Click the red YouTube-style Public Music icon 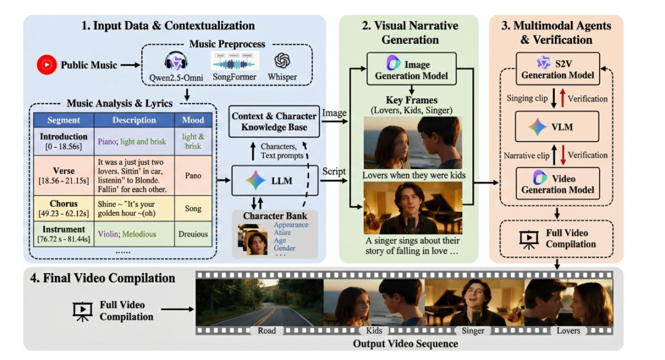pyautogui.click(x=47, y=65)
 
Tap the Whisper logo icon pyautogui.click(x=283, y=61)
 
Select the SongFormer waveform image pyautogui.click(x=235, y=61)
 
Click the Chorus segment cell pyautogui.click(x=64, y=209)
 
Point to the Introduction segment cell pyautogui.click(x=64, y=141)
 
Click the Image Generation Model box pyautogui.click(x=411, y=68)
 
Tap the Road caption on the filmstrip pyautogui.click(x=266, y=330)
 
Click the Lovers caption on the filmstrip pyautogui.click(x=568, y=330)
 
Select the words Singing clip pyautogui.click(x=528, y=98)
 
